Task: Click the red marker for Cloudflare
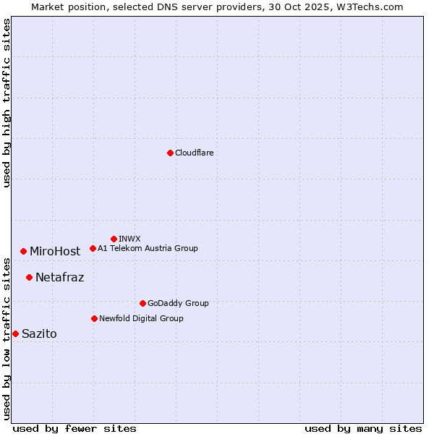pos(170,153)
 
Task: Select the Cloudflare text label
pos(195,153)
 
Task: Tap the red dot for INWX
pos(114,239)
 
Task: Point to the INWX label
pos(129,239)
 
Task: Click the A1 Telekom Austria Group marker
pos(93,248)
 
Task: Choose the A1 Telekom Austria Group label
pos(148,248)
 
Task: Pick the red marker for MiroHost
pos(23,251)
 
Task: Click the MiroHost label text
pos(55,252)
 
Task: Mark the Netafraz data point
pos(29,277)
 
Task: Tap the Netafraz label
pos(59,277)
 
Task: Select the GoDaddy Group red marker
pos(142,303)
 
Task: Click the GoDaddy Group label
pos(178,303)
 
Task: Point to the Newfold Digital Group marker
pos(94,318)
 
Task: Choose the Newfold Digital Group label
pos(141,318)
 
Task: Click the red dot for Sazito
pos(15,333)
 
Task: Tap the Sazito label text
pos(39,333)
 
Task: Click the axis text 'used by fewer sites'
pos(75,428)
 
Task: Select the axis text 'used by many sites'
pos(363,428)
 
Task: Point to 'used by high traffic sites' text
pos(7,103)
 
